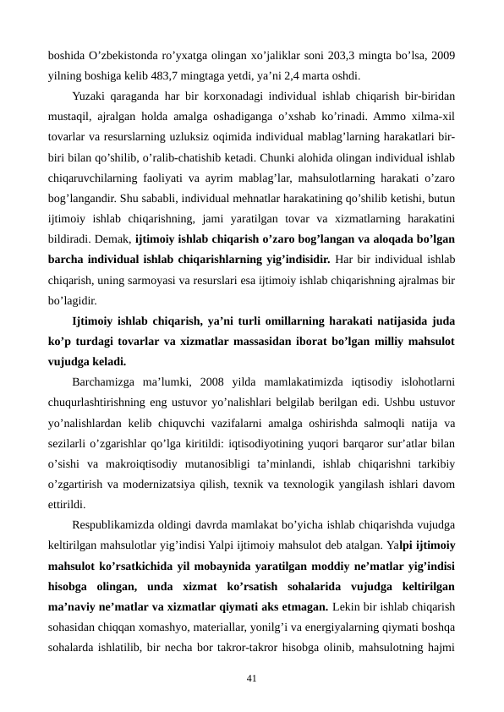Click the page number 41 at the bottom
click(x=251, y=653)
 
